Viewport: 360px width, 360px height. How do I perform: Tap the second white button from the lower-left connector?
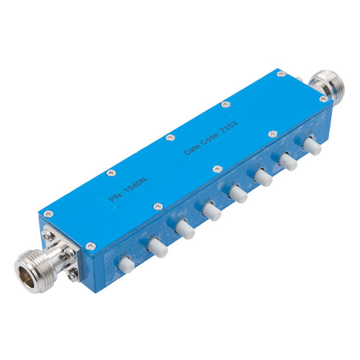pos(155,247)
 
